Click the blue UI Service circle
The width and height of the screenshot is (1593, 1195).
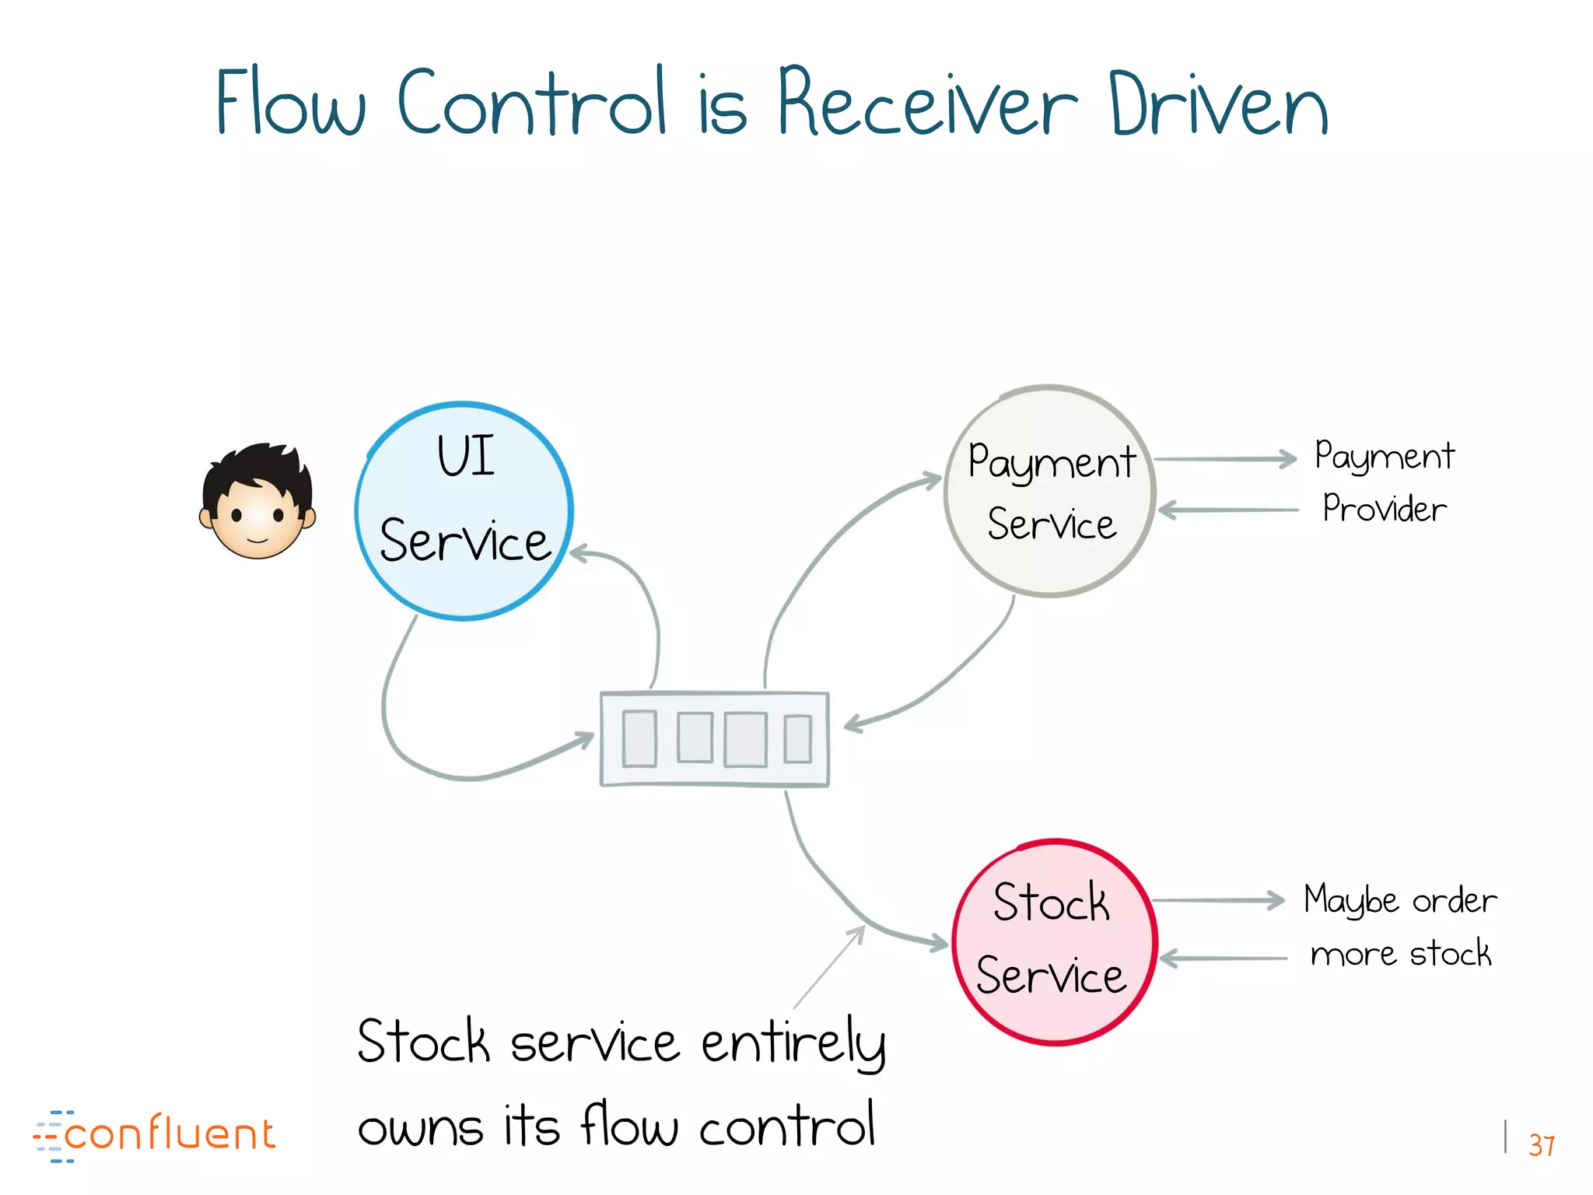[x=464, y=511]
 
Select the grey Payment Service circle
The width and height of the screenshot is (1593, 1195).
[x=1050, y=492]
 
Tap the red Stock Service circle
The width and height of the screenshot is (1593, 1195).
[x=1055, y=942]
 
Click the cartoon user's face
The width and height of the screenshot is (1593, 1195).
[x=257, y=502]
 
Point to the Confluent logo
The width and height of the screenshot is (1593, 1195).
[x=155, y=1135]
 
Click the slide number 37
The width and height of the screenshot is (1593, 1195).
[x=1541, y=1145]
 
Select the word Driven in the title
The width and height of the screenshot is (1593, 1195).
[x=1218, y=105]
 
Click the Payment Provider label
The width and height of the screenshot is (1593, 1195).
[x=1385, y=482]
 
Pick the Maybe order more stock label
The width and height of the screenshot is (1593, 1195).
[x=1400, y=927]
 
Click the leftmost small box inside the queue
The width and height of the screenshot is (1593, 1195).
[x=639, y=738]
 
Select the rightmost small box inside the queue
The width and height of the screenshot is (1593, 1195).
[x=797, y=739]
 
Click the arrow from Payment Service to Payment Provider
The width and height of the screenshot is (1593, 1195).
[x=1224, y=459]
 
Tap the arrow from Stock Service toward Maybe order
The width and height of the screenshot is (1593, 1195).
[x=1217, y=900]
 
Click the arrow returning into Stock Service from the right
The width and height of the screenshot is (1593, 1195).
[x=1223, y=958]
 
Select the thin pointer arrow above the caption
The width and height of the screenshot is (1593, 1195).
[x=828, y=968]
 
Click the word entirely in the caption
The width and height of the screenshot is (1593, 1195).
[x=793, y=1043]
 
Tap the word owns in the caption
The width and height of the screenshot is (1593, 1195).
[x=420, y=1127]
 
